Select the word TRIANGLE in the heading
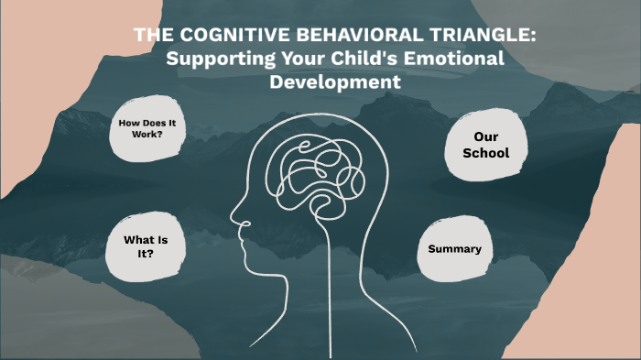464,36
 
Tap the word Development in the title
335,82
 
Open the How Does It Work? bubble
147,129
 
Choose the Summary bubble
454,249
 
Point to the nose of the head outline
234,219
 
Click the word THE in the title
151,36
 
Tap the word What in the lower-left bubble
134,240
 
